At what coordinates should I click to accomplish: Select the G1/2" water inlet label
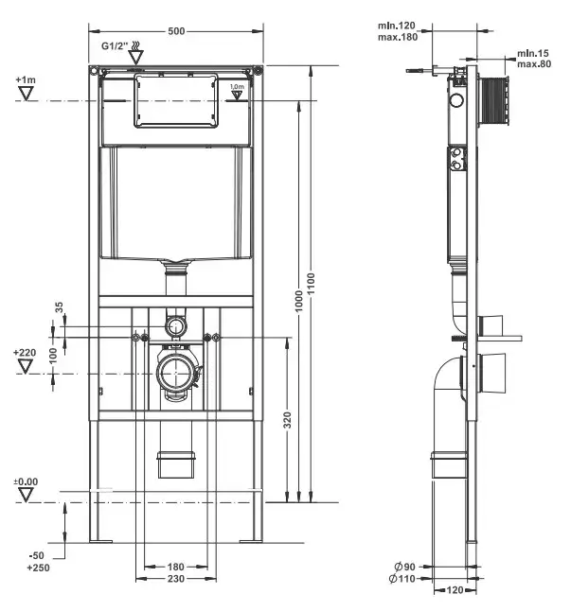point(115,44)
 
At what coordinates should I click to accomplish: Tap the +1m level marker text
point(26,80)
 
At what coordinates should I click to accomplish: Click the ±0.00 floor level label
point(26,482)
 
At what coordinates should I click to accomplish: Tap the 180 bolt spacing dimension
point(176,568)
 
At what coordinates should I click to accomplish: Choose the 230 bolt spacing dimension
point(176,578)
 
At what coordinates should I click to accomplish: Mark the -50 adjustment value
point(36,555)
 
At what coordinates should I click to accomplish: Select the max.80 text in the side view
point(534,64)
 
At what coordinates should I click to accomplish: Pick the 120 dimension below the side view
point(454,589)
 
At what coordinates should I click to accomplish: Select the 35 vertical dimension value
point(59,306)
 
